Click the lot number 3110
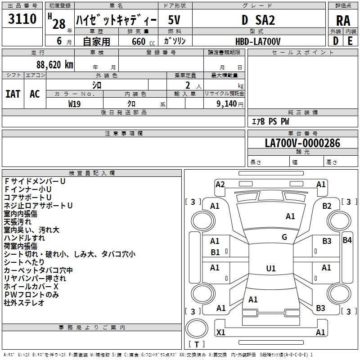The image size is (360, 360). point(22,18)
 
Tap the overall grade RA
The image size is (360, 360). point(343,21)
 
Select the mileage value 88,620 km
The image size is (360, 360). point(55,65)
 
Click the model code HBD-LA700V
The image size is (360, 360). point(258,41)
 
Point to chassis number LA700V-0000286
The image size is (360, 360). point(302,143)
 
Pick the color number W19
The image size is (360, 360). point(74,104)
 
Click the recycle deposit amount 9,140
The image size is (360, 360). point(227,104)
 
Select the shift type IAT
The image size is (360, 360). point(13,94)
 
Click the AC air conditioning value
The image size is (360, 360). point(35,94)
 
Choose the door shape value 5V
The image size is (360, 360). point(174,20)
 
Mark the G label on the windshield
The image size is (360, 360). point(284,237)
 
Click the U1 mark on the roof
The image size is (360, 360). point(271,268)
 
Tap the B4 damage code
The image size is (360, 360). point(347,240)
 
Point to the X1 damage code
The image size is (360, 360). point(220,332)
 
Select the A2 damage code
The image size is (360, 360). point(220,184)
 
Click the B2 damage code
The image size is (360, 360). point(327,206)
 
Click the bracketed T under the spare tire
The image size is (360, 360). point(197,344)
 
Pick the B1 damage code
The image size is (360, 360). point(215,252)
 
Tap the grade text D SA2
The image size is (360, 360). point(258,20)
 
